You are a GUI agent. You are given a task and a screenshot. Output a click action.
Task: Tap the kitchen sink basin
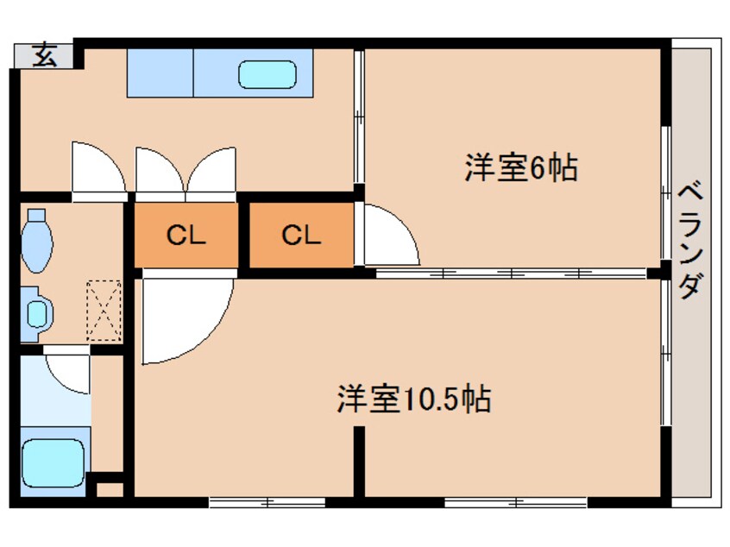(267, 74)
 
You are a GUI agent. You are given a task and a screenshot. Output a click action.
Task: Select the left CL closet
(186, 234)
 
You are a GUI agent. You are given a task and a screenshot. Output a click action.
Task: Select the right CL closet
(301, 234)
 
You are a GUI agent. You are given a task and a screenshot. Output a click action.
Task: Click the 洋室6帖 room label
(520, 167)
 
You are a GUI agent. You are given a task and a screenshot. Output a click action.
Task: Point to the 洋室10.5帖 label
(413, 399)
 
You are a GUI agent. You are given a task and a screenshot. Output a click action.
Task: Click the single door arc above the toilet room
(98, 168)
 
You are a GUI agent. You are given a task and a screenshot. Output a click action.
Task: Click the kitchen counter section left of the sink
(160, 72)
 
